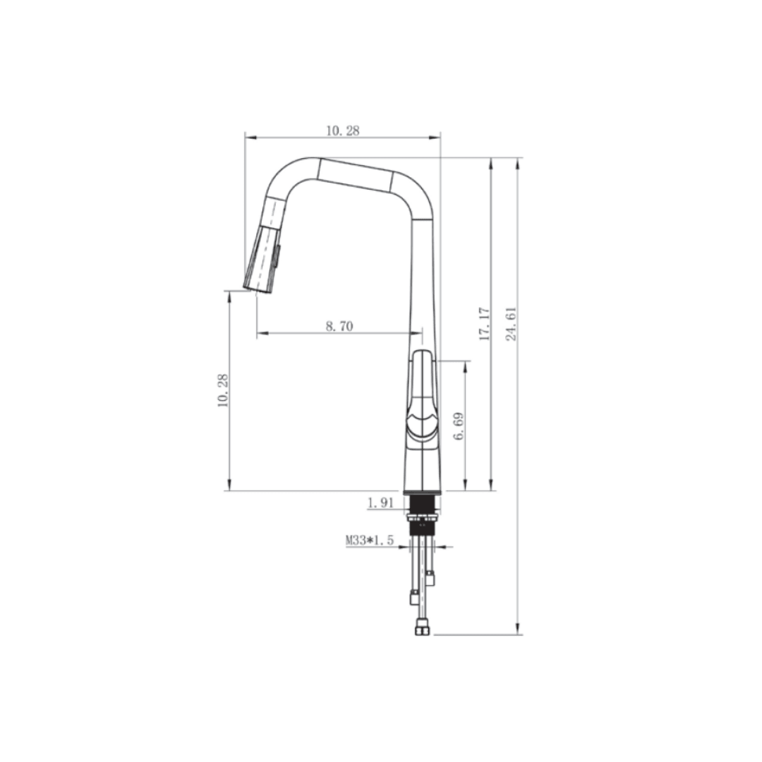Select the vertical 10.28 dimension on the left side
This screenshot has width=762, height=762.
(x=223, y=390)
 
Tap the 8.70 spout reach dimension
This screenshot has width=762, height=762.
(x=339, y=325)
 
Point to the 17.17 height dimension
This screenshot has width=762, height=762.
(x=484, y=324)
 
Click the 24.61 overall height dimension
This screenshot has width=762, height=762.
(x=512, y=324)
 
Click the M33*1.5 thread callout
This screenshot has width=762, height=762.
(x=368, y=540)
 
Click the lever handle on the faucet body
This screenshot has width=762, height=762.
(x=421, y=395)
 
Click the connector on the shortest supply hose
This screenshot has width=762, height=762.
(x=430, y=578)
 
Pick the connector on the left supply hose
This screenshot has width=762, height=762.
(x=415, y=598)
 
